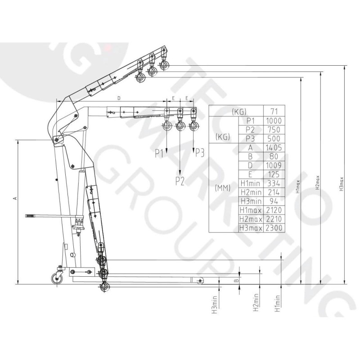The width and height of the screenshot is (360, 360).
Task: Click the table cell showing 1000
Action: (274, 121)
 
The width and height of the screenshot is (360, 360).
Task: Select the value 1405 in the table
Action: (274, 148)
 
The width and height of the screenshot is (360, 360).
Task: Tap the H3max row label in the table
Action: (251, 228)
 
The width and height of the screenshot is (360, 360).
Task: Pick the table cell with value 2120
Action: (274, 210)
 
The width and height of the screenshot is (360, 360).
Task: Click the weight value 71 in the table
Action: (274, 112)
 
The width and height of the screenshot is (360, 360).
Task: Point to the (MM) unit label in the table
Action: (223, 188)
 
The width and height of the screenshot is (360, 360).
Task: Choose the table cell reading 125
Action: (274, 175)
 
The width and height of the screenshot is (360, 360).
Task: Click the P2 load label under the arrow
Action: (180, 181)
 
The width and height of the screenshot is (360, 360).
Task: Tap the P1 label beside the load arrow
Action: (159, 153)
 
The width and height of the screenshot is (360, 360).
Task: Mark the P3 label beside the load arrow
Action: (199, 153)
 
